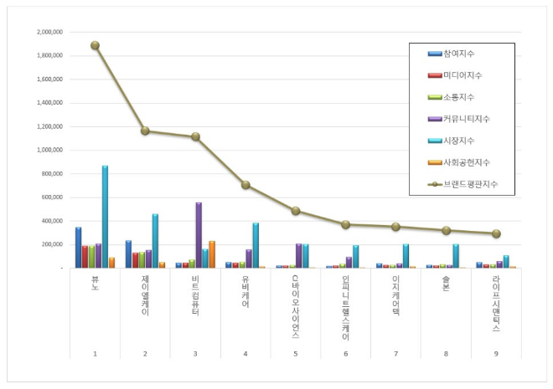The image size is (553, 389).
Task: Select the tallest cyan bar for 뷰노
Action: point(105,218)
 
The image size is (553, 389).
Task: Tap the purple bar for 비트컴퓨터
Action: point(199,235)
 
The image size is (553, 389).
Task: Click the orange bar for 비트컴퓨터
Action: point(212,254)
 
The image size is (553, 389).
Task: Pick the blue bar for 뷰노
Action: point(78,248)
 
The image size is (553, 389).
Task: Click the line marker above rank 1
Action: point(95,45)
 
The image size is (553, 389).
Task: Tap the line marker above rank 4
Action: point(245,185)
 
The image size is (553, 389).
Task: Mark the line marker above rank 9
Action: point(496,233)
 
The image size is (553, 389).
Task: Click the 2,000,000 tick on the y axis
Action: point(50,32)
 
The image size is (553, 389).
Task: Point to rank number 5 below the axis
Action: point(296,354)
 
